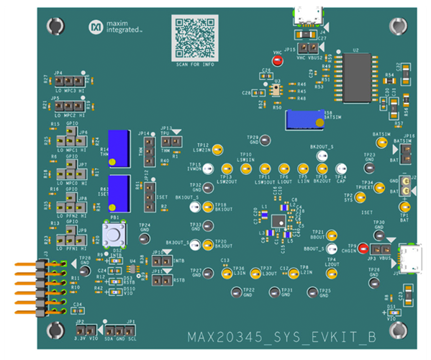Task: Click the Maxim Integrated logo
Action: tap(116, 28)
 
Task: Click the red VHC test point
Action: tap(277, 61)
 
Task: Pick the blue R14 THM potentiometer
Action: tap(118, 148)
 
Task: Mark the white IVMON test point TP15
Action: tap(208, 169)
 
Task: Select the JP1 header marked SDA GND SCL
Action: tap(122, 330)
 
